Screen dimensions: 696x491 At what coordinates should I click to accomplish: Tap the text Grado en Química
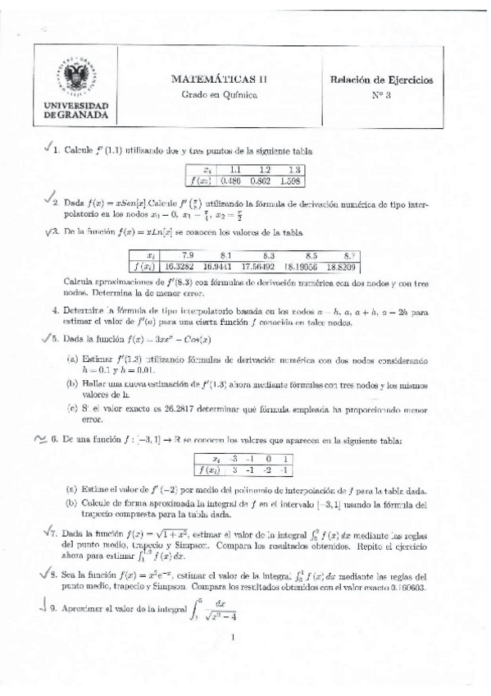coord(219,95)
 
